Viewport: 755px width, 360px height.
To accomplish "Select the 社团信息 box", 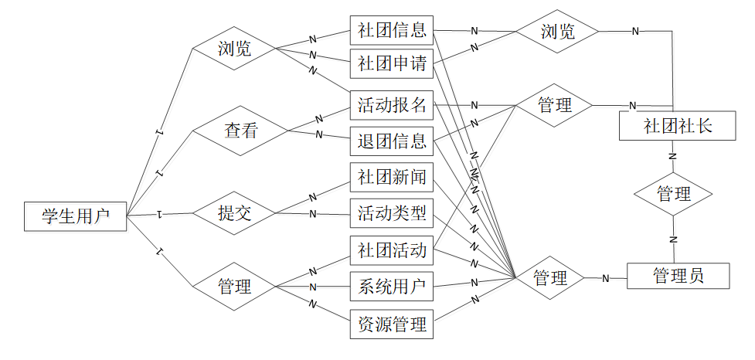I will coord(391,31).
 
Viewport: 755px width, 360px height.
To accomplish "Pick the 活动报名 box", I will coord(391,104).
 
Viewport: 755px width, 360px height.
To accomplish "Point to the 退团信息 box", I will coord(391,141).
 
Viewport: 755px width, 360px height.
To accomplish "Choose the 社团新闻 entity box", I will coord(391,178).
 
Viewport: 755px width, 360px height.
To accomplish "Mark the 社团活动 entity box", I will coord(391,251).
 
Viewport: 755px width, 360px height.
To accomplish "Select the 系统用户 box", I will coord(391,287).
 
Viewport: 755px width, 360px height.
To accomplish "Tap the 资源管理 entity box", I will coord(391,324).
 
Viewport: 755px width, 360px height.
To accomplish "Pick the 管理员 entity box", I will coord(678,276).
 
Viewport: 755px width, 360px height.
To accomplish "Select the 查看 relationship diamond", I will coord(240,131).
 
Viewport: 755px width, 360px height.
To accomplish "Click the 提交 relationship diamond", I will coord(234,213).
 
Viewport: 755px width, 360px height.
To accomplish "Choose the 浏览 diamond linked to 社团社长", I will coord(557,32).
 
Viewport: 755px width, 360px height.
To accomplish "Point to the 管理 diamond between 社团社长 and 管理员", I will coord(672,194).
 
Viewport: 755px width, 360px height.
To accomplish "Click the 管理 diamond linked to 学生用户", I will coord(234,287).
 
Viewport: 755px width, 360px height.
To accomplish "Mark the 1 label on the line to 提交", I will coord(158,212).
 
